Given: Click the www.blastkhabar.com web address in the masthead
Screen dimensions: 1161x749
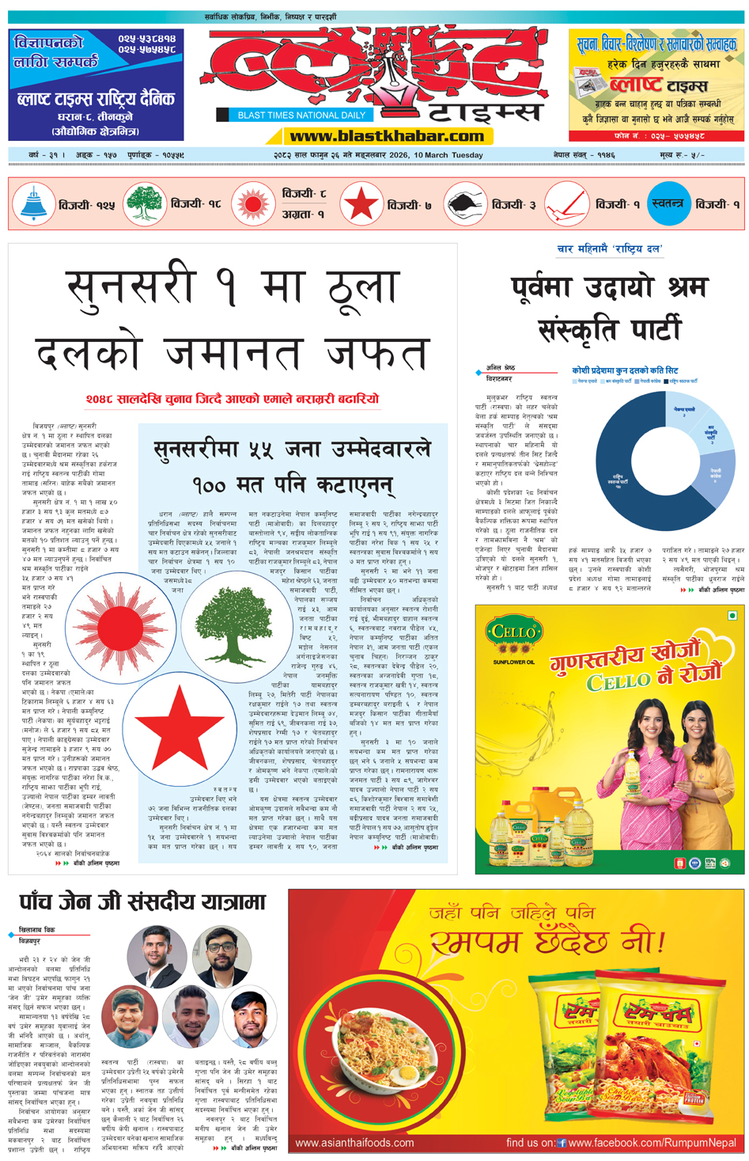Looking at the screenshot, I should [x=387, y=136].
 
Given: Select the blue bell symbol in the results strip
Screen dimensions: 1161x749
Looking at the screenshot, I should [x=34, y=204].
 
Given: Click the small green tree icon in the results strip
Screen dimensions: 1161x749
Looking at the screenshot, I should [x=144, y=204].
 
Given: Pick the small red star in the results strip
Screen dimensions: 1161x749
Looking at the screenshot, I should [x=361, y=204].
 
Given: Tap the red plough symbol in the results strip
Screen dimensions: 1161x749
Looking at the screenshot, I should [x=566, y=204].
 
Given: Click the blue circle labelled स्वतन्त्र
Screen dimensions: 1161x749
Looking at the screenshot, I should [x=668, y=204].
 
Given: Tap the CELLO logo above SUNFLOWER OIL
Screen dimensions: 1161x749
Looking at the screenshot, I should [x=514, y=635].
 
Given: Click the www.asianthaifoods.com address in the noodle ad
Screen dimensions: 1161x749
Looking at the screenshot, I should [x=354, y=1143].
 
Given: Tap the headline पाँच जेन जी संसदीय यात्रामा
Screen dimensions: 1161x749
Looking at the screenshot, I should [x=142, y=902].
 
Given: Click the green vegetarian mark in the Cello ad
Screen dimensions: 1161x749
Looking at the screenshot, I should [x=732, y=615].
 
